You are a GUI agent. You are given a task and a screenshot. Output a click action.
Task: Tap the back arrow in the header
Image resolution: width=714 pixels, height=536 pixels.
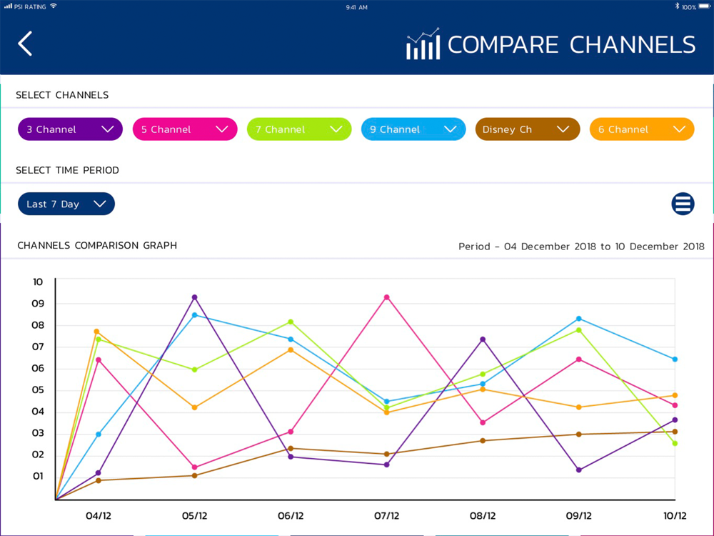click(x=25, y=44)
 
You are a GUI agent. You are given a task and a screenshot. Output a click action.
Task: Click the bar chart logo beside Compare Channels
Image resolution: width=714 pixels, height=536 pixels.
click(x=423, y=44)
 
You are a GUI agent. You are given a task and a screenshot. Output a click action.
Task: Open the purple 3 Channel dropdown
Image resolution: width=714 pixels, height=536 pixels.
click(x=70, y=129)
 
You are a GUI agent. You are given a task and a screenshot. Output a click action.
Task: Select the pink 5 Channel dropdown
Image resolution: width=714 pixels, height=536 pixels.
click(x=185, y=129)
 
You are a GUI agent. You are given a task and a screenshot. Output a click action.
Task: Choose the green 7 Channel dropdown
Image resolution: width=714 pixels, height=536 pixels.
click(x=299, y=129)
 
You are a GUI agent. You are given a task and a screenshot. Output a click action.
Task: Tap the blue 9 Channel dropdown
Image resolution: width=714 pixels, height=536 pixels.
click(x=413, y=129)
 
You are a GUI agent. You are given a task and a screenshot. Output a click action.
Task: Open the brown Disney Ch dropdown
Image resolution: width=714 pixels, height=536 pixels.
click(x=528, y=129)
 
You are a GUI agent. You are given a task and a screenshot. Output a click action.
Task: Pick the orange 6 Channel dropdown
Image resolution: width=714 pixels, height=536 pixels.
click(x=642, y=129)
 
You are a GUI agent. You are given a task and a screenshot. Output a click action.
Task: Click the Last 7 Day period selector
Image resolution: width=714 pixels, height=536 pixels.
click(x=66, y=204)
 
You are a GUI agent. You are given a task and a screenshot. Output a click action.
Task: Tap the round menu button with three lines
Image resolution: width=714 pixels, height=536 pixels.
click(x=683, y=204)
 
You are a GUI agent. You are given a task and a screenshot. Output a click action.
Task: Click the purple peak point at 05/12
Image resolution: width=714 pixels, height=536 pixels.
click(x=194, y=297)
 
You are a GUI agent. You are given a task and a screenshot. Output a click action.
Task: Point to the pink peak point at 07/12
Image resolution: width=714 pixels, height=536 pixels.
click(x=387, y=297)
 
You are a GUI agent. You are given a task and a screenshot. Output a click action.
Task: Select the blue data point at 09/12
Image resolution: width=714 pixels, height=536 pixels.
click(x=579, y=319)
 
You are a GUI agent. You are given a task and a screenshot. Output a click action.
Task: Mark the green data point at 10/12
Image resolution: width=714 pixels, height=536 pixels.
click(x=675, y=443)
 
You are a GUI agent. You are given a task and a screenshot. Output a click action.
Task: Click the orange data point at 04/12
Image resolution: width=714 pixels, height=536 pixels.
click(x=96, y=332)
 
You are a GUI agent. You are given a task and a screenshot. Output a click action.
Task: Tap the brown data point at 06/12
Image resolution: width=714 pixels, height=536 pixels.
click(x=291, y=448)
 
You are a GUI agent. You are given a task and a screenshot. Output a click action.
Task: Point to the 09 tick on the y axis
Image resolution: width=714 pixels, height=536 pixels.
click(x=38, y=304)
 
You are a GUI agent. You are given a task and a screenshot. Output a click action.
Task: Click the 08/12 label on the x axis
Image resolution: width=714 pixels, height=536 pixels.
click(x=483, y=516)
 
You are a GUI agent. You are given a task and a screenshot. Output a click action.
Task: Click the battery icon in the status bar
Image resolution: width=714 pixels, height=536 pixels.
click(x=705, y=6)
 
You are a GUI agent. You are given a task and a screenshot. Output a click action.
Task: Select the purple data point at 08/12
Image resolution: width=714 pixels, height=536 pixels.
click(x=483, y=339)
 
